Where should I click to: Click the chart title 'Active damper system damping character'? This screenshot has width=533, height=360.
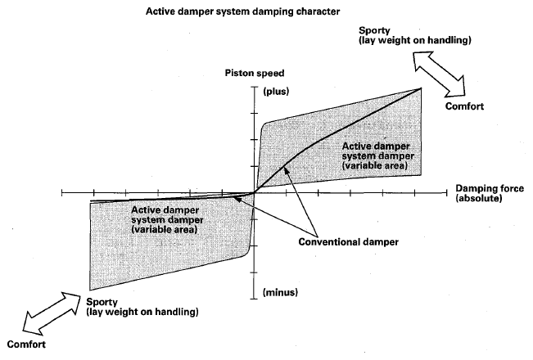click(x=242, y=11)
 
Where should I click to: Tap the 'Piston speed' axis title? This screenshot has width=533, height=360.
click(x=255, y=74)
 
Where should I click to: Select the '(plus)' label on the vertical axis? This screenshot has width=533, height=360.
click(x=276, y=92)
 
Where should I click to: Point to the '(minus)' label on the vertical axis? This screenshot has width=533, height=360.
click(x=281, y=292)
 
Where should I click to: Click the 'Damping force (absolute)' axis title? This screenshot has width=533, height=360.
click(x=490, y=193)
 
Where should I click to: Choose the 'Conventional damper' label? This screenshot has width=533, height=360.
click(x=349, y=242)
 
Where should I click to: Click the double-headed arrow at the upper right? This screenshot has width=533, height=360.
click(x=439, y=74)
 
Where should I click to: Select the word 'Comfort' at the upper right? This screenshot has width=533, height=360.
click(x=464, y=106)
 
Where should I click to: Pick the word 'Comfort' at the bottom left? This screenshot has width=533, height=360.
click(x=26, y=344)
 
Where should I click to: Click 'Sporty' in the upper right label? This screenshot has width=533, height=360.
click(x=374, y=30)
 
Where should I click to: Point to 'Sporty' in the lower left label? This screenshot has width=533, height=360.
click(x=102, y=302)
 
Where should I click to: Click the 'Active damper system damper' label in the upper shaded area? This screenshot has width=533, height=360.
click(x=377, y=156)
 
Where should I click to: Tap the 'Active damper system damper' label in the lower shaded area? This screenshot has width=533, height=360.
click(x=167, y=220)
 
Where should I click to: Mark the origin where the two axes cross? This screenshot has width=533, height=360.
click(x=255, y=193)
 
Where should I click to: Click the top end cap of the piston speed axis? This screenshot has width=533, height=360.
click(x=255, y=87)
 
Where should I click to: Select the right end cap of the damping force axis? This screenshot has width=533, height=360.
click(x=447, y=193)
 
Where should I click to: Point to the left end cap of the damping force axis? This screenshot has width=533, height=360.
click(x=62, y=193)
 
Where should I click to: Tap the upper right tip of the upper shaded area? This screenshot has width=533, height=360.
click(x=421, y=88)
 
